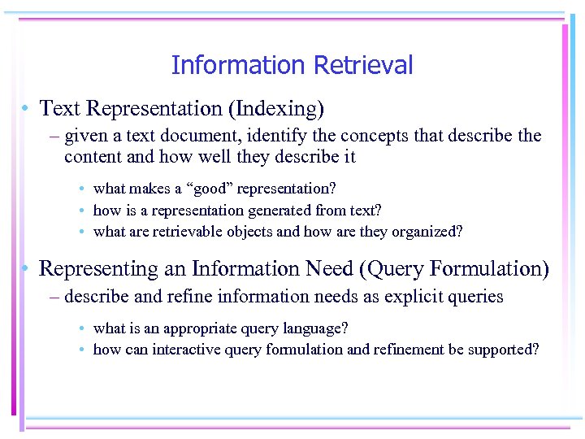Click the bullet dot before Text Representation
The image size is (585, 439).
(x=27, y=108)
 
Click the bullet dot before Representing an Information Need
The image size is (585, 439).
(x=27, y=269)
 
